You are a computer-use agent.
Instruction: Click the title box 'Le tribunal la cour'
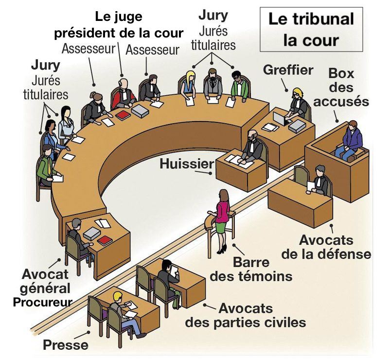pos(311,30)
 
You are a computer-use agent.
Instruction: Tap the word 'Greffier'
pos(288,70)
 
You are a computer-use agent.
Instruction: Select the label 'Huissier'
pos(187,164)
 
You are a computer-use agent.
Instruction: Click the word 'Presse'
pos(66,345)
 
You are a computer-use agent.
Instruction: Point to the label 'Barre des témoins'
pos(251,270)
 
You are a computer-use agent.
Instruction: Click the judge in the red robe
pos(124,95)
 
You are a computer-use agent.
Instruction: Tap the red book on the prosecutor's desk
pos(105,240)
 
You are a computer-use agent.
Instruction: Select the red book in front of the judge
pos(123,115)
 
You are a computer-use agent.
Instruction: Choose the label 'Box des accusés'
pos(341,88)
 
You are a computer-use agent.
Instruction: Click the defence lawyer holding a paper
pos(319,180)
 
